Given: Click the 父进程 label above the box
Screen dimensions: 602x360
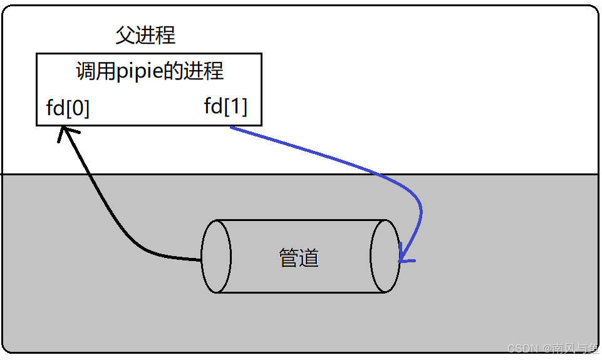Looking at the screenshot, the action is tap(145, 35).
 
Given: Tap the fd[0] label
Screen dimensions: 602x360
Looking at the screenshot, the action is tap(68, 108).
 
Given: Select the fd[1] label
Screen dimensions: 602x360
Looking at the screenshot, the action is tap(226, 106).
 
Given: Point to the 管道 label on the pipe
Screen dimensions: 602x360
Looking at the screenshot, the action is tap(299, 257).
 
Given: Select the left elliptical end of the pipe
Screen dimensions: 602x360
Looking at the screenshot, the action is tap(217, 256).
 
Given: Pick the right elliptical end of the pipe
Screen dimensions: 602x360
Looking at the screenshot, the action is tap(385, 256).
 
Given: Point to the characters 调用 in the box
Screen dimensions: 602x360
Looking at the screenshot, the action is tap(95, 71).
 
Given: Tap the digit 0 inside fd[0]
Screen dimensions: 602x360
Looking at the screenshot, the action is tap(76, 108).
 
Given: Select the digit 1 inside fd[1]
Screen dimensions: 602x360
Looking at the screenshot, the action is tap(234, 106).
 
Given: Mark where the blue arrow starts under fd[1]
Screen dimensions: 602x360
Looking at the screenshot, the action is tap(231, 128).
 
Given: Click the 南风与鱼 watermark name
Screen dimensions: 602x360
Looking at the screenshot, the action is tap(571, 348).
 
